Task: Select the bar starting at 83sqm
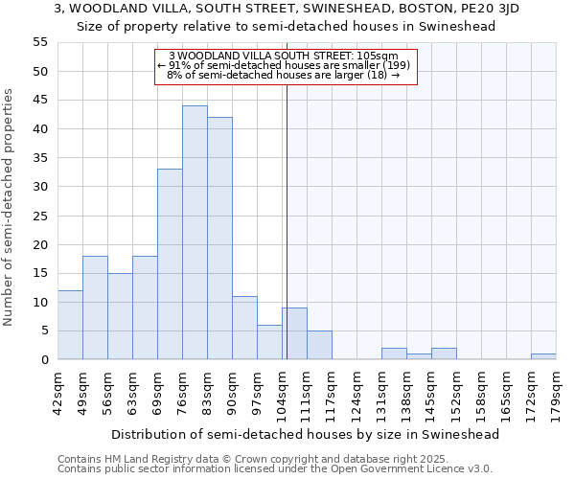point(219,239)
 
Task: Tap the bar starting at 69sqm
point(170,264)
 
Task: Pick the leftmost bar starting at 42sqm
point(70,325)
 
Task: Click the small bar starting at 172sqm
point(543,356)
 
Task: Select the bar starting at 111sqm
point(319,345)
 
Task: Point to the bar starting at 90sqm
point(244,328)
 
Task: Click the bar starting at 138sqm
point(419,356)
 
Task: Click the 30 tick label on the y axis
point(40,187)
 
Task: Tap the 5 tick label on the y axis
point(44,331)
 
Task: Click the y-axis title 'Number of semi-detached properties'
point(9,207)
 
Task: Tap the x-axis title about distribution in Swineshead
point(306,434)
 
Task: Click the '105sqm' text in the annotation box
point(392,56)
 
